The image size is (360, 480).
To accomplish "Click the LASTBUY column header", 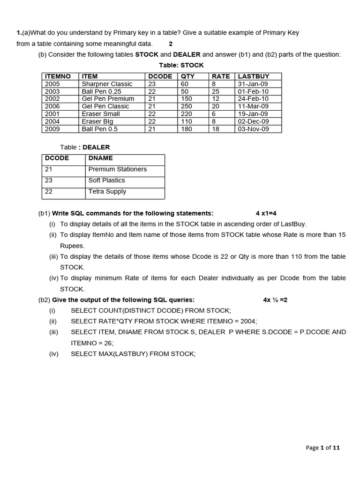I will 254,76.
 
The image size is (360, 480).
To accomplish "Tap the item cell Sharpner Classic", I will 107,84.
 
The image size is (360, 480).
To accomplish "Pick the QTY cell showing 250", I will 187,106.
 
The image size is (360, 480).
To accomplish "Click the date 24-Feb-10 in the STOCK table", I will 253,99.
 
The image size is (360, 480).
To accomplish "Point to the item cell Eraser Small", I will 101,114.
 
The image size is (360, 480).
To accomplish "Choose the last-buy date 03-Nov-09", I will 254,129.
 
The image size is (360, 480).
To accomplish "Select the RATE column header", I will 221,76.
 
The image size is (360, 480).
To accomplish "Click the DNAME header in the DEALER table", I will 100,158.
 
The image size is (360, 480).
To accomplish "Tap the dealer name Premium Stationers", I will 117,169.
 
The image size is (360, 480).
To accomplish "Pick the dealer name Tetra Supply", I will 107,192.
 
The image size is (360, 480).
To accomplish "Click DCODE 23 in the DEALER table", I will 49,180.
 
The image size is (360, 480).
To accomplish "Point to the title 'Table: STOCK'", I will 181,65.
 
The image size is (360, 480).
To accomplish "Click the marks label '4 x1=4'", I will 266,213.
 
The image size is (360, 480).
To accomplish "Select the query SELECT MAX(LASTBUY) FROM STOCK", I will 133,354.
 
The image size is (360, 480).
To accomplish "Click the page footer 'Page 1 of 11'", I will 322,448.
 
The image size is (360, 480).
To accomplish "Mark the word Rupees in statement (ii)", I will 72,246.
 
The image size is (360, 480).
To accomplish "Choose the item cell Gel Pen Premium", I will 108,99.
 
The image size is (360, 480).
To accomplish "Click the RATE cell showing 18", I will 216,129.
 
